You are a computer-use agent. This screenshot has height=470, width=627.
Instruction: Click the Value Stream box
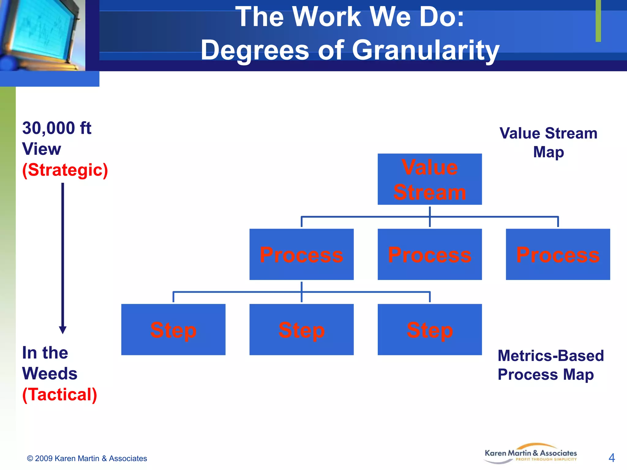(x=430, y=179)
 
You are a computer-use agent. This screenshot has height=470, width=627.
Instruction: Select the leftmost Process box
(x=301, y=254)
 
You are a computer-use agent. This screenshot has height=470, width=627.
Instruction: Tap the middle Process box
(x=430, y=254)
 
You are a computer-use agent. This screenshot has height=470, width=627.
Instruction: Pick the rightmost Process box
(x=558, y=254)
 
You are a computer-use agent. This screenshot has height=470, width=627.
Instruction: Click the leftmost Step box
(x=173, y=330)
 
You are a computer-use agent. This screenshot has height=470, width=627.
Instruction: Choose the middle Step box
(x=301, y=330)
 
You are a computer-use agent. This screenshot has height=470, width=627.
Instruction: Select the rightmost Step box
(x=430, y=330)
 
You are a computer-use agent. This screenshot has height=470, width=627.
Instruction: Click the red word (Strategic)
(x=65, y=170)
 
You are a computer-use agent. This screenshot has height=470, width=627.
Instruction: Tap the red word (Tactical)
(x=60, y=394)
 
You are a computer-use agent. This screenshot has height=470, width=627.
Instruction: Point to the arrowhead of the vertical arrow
(x=63, y=330)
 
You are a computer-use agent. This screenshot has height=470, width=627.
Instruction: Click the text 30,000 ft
(x=57, y=128)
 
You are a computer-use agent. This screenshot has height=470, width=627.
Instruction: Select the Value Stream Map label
(x=548, y=142)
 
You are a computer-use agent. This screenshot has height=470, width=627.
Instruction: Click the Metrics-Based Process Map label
(x=550, y=365)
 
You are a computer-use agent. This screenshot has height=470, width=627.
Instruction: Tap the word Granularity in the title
(x=426, y=50)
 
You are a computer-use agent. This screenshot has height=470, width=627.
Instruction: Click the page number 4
(x=611, y=458)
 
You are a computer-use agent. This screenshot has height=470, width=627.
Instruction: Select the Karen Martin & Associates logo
(x=531, y=454)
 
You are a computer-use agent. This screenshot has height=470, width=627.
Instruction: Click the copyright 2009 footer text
(x=87, y=458)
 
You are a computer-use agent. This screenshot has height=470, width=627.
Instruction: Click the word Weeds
(x=50, y=374)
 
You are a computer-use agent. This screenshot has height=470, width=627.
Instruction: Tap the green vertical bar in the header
(x=598, y=21)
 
